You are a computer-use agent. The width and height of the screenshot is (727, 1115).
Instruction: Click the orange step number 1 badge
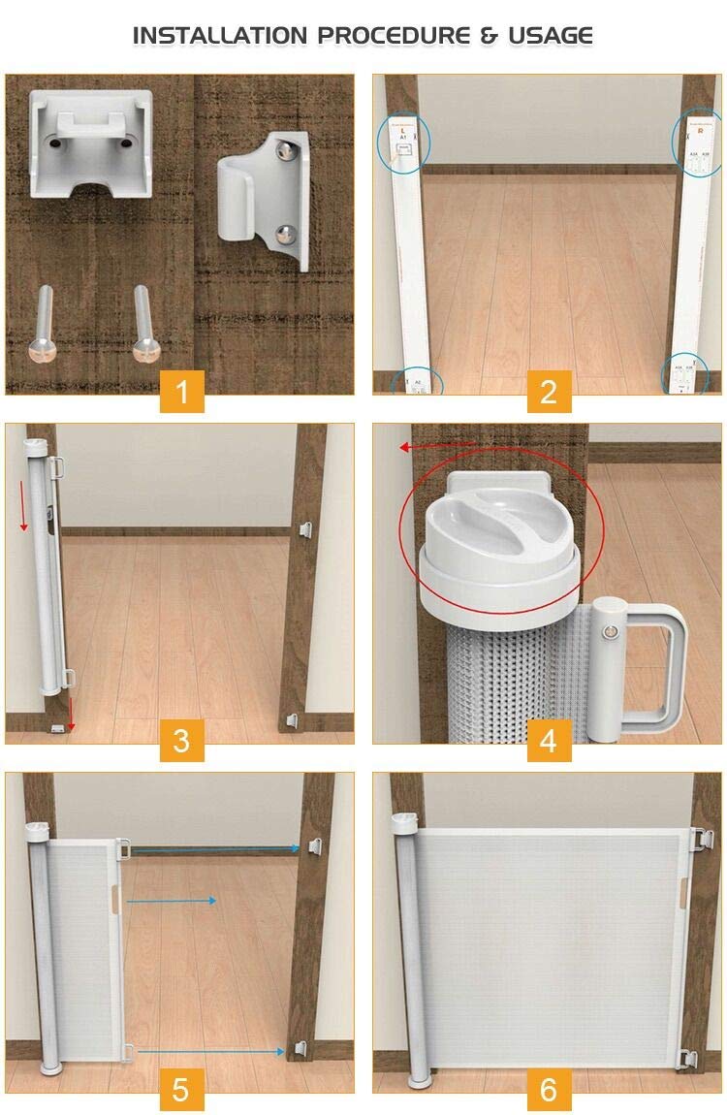pyautogui.click(x=181, y=393)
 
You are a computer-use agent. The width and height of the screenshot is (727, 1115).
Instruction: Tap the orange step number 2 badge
pyautogui.click(x=549, y=393)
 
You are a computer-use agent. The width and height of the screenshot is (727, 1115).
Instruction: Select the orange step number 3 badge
pyautogui.click(x=181, y=742)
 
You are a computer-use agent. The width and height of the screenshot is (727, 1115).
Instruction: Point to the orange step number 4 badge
pyautogui.click(x=549, y=742)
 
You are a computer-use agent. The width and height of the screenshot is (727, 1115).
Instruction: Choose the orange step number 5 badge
pyautogui.click(x=181, y=1089)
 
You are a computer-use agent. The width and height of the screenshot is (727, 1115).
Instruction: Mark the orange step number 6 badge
pyautogui.click(x=549, y=1089)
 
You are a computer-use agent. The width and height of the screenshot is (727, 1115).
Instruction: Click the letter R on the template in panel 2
pyautogui.click(x=700, y=128)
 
